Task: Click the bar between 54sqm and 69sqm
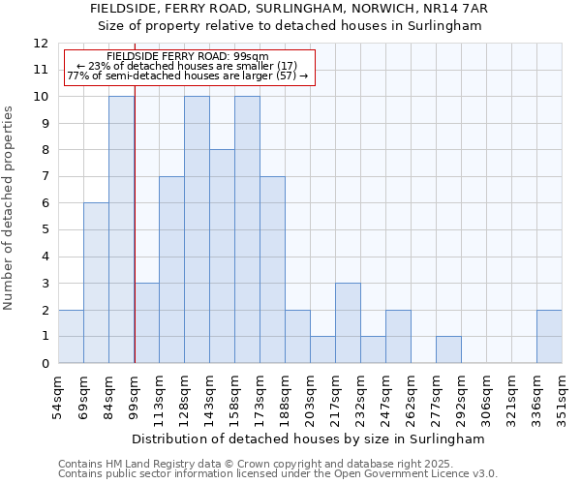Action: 71,337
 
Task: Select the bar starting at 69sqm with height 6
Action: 96,284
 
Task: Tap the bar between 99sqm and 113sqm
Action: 146,323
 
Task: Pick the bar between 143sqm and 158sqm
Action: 222,257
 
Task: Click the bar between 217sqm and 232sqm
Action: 348,323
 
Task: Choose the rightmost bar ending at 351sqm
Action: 549,337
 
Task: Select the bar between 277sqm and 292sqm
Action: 448,349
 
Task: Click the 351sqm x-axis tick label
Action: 562,394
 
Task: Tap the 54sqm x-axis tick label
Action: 58,394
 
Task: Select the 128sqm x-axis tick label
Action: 184,394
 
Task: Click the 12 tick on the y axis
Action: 41,44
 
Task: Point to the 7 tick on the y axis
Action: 45,177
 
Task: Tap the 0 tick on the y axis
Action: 45,364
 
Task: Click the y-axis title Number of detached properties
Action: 10,208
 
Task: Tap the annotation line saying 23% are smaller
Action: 190,66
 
